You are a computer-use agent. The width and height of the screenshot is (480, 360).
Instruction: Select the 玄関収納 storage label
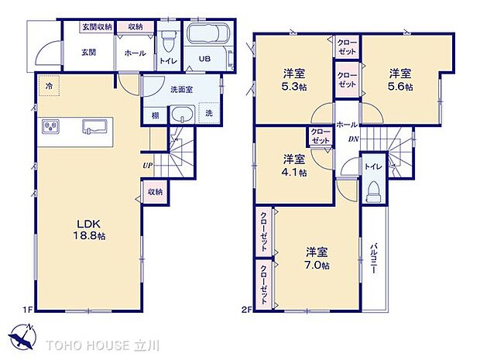pos(98,26)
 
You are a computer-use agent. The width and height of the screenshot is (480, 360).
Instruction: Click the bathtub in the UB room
pos(204,36)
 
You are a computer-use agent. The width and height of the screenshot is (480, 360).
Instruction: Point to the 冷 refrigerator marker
pos(48,84)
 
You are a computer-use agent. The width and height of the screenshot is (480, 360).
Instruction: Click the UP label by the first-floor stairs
pos(146,165)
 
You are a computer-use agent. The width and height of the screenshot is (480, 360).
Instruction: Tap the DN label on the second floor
pos(353,139)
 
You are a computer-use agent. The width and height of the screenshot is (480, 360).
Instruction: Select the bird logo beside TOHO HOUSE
pos(23,338)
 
